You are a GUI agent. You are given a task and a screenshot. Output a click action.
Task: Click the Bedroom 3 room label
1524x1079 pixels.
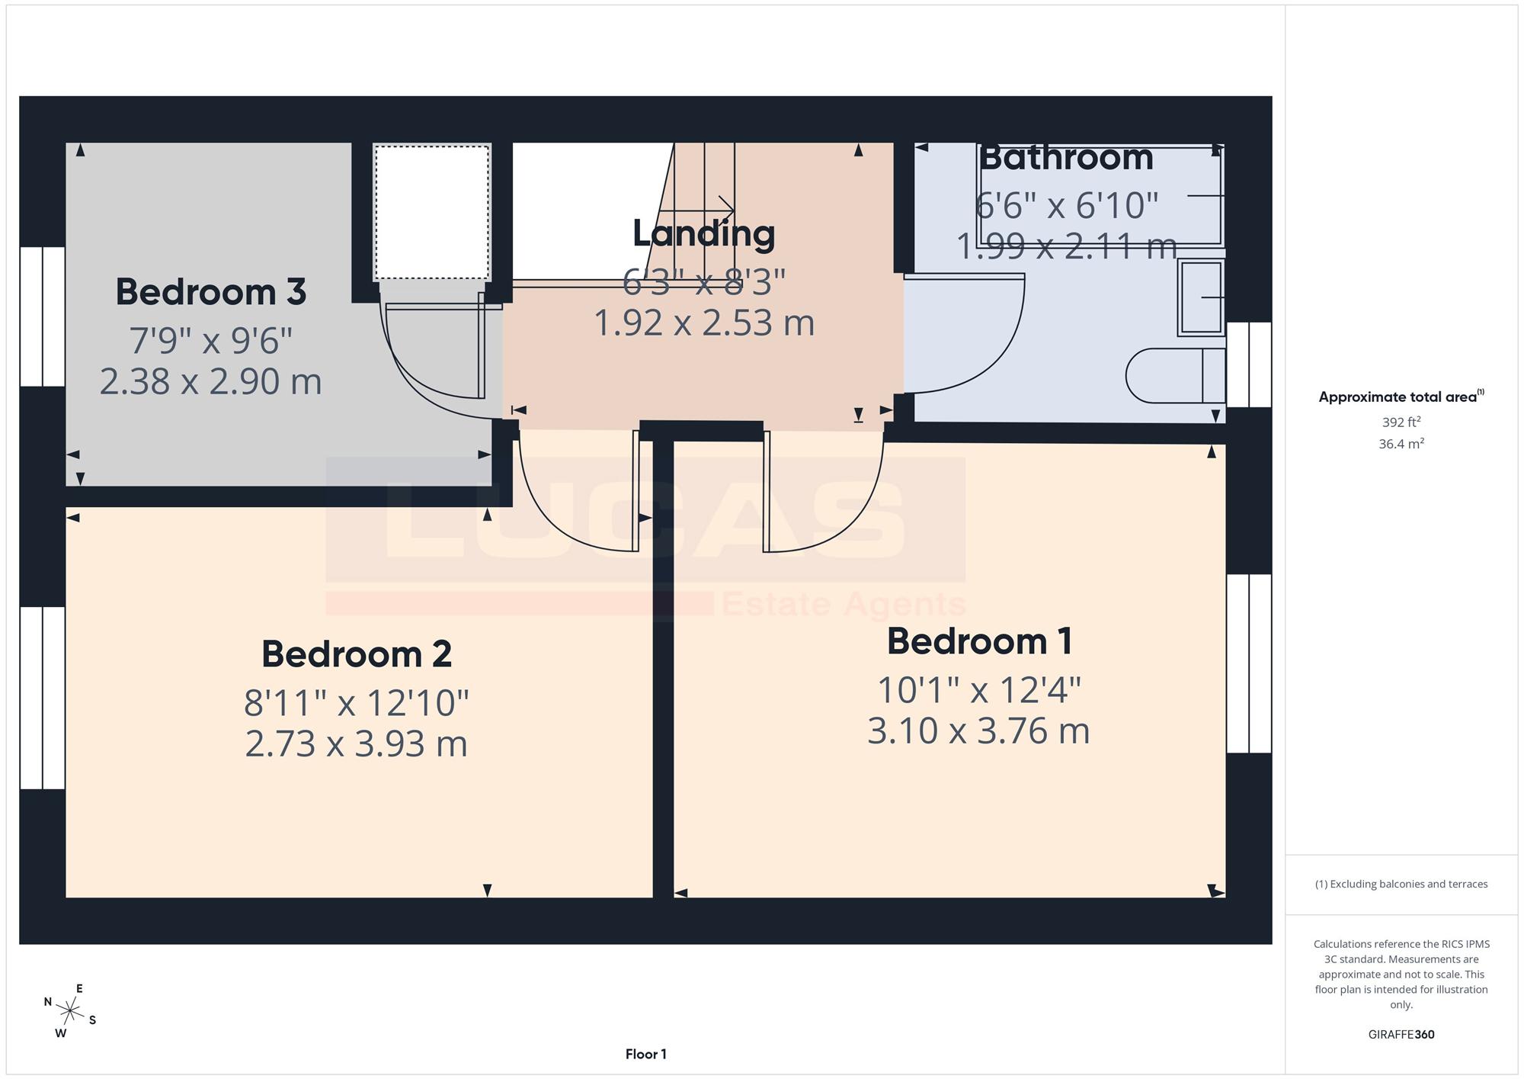click(211, 292)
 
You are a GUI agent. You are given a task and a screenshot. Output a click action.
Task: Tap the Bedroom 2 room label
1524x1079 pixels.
click(357, 654)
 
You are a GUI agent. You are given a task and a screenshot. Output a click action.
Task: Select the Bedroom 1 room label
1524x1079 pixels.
click(980, 641)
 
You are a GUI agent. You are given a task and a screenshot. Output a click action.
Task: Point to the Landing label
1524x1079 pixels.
click(704, 233)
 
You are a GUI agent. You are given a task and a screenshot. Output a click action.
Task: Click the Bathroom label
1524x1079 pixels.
click(1066, 157)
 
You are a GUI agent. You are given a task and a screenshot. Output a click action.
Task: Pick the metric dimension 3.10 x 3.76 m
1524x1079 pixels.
click(978, 731)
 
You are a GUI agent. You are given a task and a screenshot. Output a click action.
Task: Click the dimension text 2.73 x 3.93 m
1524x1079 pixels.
click(356, 744)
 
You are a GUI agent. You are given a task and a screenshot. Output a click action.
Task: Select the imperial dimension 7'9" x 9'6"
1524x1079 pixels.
click(211, 340)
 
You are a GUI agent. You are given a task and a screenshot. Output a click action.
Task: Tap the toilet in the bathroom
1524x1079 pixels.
click(1176, 376)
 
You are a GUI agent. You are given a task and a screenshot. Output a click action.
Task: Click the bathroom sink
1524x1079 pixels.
click(1202, 297)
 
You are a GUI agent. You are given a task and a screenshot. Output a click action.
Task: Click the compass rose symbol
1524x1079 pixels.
click(70, 1012)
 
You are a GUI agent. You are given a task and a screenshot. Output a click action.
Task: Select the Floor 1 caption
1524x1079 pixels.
click(646, 1055)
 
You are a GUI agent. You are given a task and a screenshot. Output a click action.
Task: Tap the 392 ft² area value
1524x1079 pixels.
click(1401, 422)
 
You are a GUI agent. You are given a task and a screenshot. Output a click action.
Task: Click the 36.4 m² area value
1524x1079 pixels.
click(1401, 444)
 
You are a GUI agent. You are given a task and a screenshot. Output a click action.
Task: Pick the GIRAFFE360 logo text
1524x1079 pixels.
click(1401, 1035)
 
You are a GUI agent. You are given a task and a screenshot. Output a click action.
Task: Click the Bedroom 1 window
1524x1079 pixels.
click(1250, 663)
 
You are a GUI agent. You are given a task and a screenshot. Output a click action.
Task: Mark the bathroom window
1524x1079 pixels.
click(1250, 364)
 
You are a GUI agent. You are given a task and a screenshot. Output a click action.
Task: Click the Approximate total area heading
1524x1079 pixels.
click(1401, 397)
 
